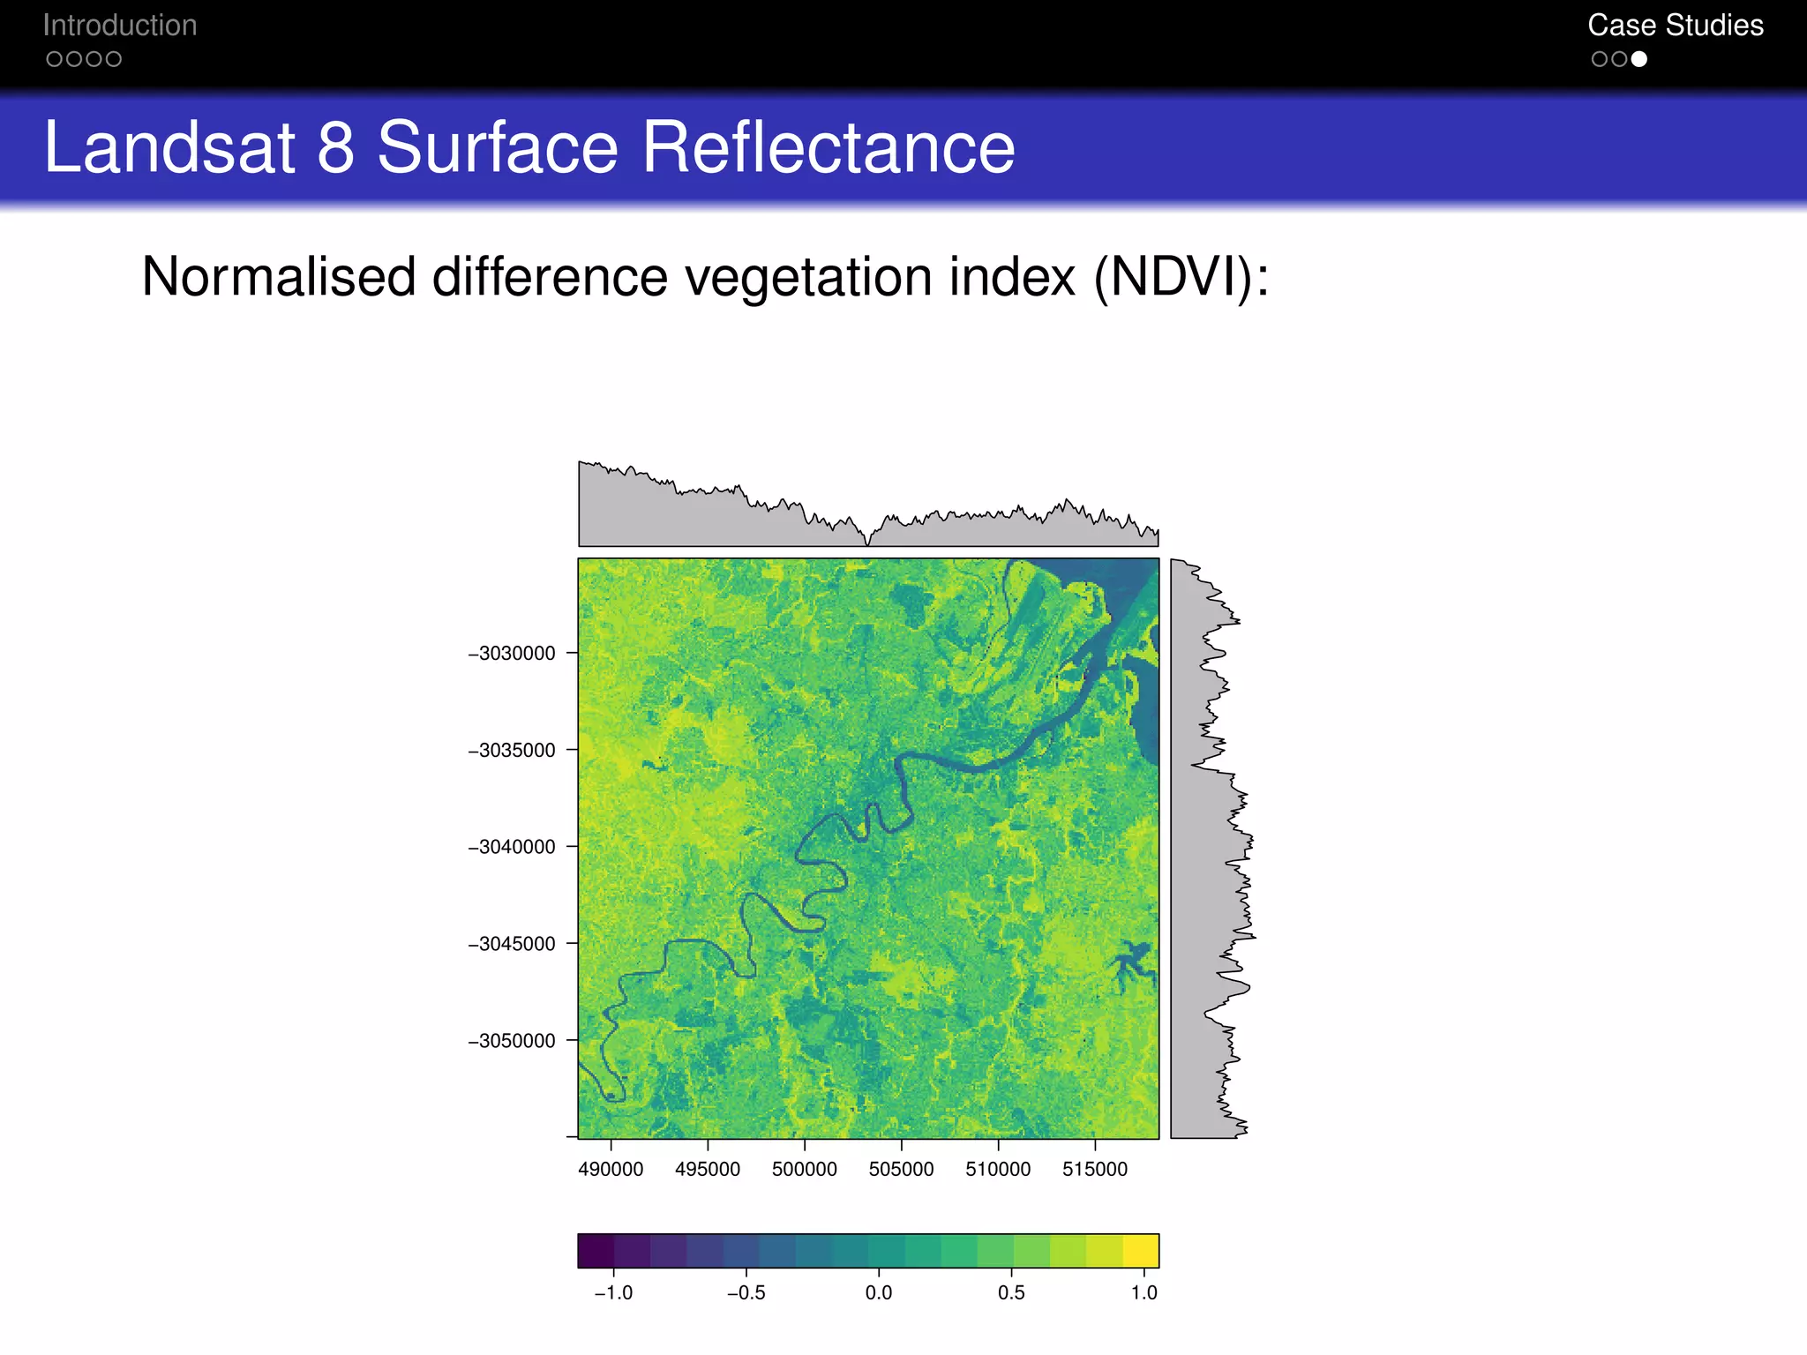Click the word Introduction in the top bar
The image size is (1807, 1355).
point(120,26)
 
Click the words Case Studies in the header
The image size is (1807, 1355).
point(1675,26)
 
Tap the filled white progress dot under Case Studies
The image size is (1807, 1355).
point(1638,59)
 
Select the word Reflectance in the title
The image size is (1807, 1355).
point(829,147)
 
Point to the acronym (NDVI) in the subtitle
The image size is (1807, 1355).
point(1173,278)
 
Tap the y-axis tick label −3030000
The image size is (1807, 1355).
point(512,654)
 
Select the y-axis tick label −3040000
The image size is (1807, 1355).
point(512,847)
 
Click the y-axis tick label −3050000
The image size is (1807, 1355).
point(512,1041)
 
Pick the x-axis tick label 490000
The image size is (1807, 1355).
point(611,1170)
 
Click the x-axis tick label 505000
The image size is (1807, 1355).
point(901,1170)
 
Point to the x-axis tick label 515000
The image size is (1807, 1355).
point(1094,1170)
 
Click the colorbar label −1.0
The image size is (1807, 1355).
point(613,1293)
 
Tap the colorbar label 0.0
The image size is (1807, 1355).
point(878,1293)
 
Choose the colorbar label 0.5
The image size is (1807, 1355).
point(1011,1293)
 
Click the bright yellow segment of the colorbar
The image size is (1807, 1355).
point(1141,1251)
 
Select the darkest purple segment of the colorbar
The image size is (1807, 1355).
point(596,1251)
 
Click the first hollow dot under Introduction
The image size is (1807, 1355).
point(54,59)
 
